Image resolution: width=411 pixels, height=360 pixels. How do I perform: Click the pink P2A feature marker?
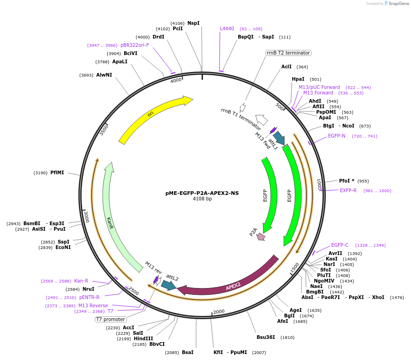(261, 237)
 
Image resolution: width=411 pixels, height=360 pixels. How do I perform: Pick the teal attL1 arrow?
(279, 138)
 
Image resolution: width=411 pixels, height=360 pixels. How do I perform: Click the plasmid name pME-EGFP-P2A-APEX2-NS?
(202, 193)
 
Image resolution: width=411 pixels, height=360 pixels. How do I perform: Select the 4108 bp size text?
(202, 199)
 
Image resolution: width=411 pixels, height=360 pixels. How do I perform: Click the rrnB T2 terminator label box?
(288, 53)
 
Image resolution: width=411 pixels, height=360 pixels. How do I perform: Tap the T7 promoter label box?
(110, 319)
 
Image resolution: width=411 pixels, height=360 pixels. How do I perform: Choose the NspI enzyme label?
(193, 23)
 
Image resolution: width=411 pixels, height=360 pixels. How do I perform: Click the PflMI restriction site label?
(57, 172)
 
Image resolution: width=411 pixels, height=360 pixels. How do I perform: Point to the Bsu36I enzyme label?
(266, 337)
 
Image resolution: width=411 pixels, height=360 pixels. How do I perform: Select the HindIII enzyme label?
(143, 338)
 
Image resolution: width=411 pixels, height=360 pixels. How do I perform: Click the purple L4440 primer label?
(227, 28)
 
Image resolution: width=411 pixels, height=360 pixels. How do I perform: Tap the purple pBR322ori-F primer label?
(135, 45)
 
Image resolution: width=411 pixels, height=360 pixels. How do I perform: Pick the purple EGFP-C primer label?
(340, 245)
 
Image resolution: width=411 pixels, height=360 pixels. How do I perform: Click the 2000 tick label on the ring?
(219, 311)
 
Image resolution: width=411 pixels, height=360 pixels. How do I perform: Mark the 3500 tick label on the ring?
(104, 130)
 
